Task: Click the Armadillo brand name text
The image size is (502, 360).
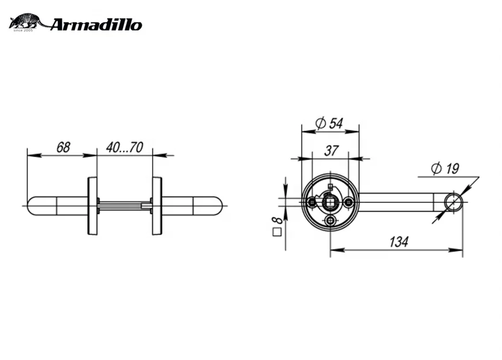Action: (x=95, y=24)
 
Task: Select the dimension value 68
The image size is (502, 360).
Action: (x=63, y=147)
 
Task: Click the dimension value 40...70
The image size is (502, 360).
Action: (x=124, y=147)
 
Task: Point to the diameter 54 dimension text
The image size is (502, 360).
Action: (x=329, y=123)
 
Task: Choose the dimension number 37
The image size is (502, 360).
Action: (x=330, y=151)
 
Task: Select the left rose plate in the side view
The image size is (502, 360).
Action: (x=92, y=206)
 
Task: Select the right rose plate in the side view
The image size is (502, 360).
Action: (x=157, y=206)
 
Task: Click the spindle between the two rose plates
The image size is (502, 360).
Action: (x=124, y=205)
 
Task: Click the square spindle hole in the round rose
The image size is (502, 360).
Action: (x=330, y=202)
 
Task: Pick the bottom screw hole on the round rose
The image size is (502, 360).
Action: (x=330, y=221)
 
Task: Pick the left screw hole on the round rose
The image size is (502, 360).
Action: (x=312, y=202)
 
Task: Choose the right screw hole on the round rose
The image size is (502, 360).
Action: (x=348, y=202)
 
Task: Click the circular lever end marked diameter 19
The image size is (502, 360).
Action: (x=453, y=202)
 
